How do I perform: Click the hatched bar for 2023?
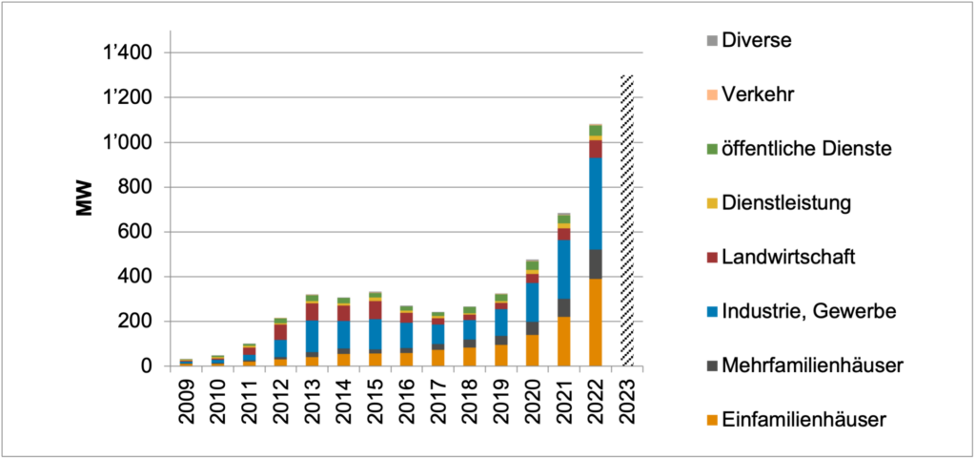click(627, 219)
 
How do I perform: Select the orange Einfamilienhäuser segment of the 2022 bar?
click(596, 323)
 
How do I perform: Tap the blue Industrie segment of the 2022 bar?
click(596, 203)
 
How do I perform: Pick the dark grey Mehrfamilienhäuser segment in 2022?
click(596, 264)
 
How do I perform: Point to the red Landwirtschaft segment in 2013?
click(312, 311)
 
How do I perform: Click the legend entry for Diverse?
click(757, 41)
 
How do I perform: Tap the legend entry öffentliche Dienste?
click(805, 148)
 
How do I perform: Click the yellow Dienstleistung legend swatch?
click(710, 203)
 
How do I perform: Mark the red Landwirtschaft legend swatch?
click(710, 258)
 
